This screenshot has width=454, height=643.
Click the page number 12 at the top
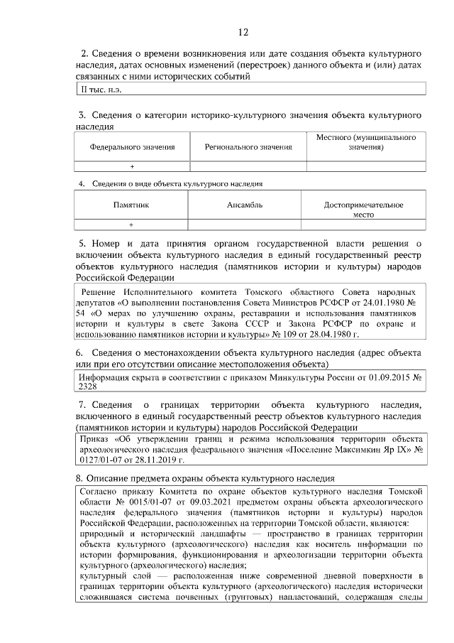point(243,32)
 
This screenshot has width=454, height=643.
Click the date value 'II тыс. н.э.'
point(99,89)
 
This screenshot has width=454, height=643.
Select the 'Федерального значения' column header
point(132,147)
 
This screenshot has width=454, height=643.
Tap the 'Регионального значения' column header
point(248,147)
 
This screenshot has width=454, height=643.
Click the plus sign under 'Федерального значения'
point(132,166)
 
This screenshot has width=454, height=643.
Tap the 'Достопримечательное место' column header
point(363,210)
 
